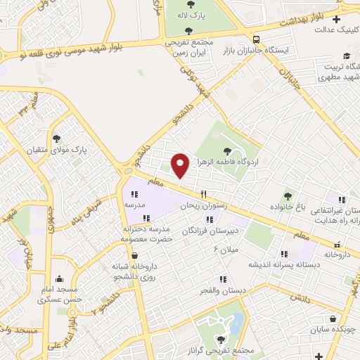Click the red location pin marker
pyautogui.click(x=180, y=165)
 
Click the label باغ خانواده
pyautogui.click(x=288, y=207)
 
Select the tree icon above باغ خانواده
pyautogui.click(x=288, y=195)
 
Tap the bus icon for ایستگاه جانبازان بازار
pyautogui.click(x=257, y=39)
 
